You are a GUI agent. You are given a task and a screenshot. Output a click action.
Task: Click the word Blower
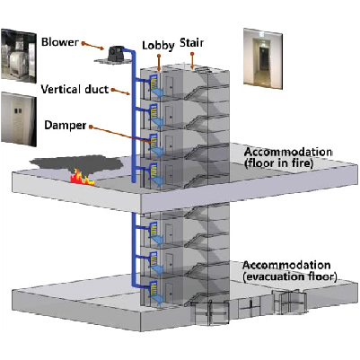[58, 40]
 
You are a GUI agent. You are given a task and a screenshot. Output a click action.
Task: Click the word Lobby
[158, 42]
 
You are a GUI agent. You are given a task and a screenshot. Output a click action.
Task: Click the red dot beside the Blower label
[83, 41]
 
